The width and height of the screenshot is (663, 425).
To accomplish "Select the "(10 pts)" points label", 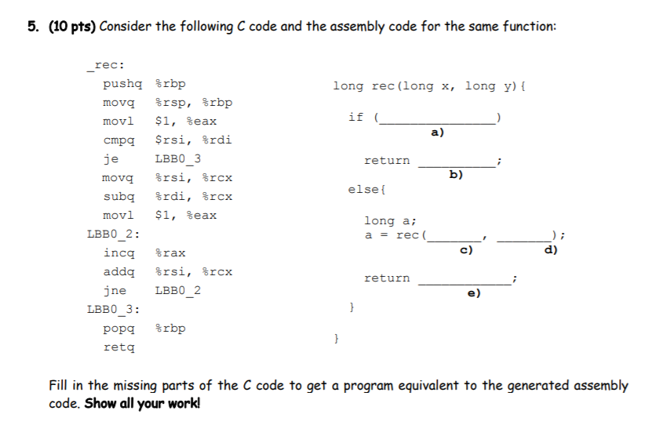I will pyautogui.click(x=70, y=27).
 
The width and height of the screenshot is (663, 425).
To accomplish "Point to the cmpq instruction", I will pyautogui.click(x=118, y=140).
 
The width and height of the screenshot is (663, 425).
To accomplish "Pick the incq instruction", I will pyautogui.click(x=118, y=253).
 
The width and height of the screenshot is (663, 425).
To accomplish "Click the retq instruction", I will pyautogui.click(x=118, y=347).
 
